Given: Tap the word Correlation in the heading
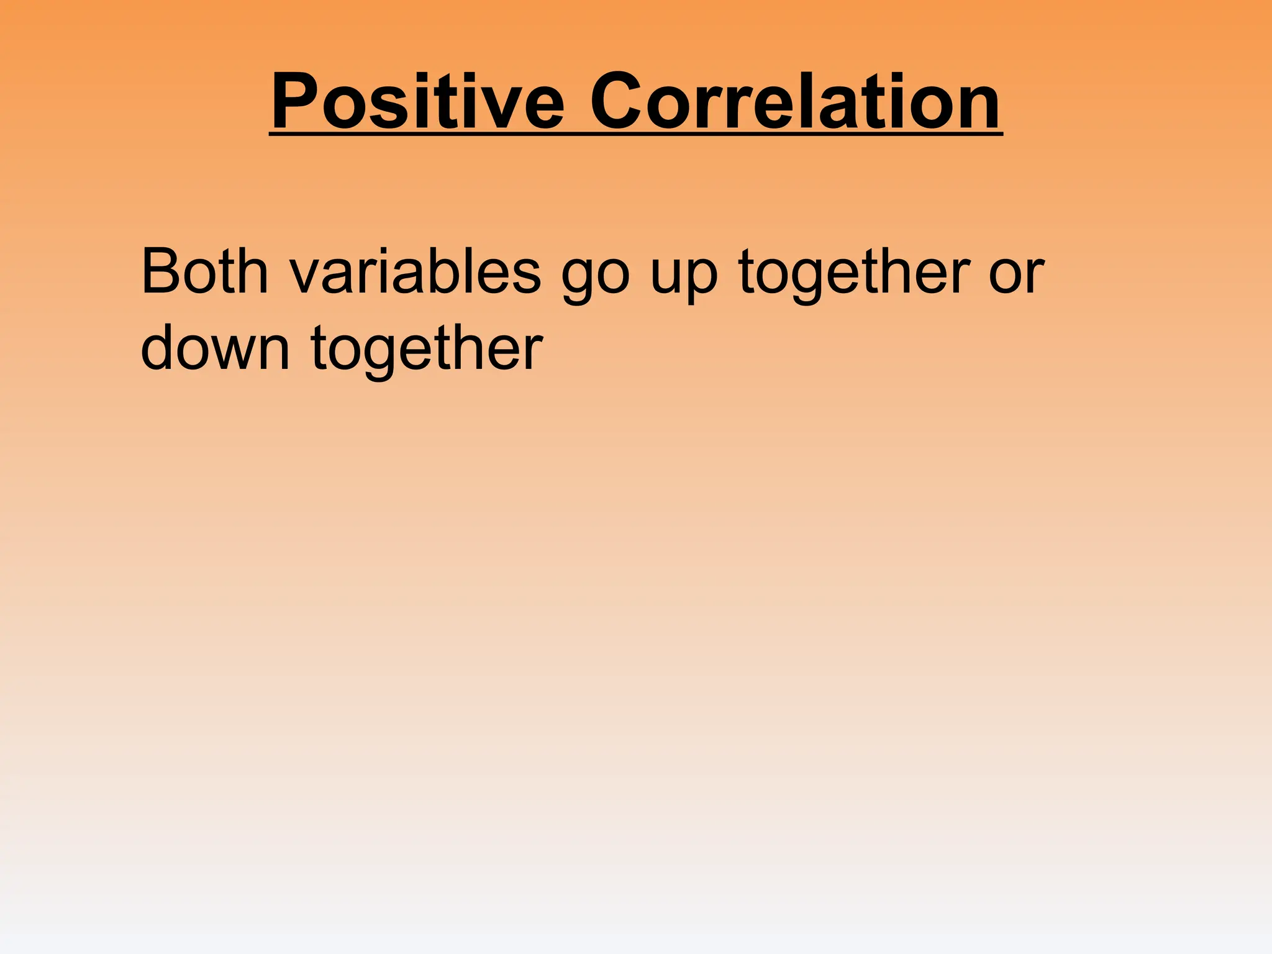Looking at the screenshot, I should tap(795, 101).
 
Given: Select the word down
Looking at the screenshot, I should tap(215, 348).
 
